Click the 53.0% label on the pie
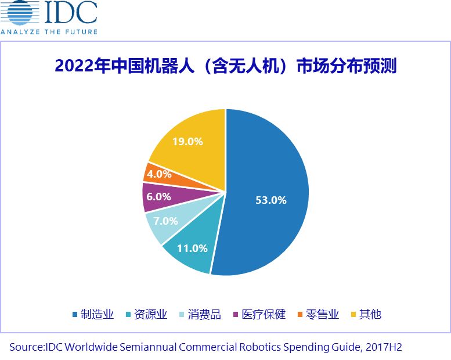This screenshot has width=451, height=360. (x=271, y=200)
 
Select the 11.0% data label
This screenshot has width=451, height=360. (x=192, y=248)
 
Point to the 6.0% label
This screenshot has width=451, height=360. (x=158, y=196)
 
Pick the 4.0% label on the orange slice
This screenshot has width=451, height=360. (x=158, y=173)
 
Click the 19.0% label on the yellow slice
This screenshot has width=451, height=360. (x=187, y=141)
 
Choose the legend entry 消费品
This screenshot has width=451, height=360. (x=204, y=314)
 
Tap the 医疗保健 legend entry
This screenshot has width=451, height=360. (x=264, y=314)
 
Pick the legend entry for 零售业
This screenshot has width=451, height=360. (x=323, y=314)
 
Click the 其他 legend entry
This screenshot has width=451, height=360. (x=370, y=314)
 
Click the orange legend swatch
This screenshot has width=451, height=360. (x=300, y=315)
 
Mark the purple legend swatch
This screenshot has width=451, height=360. (x=235, y=315)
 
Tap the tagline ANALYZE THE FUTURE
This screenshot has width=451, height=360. (x=49, y=31)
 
